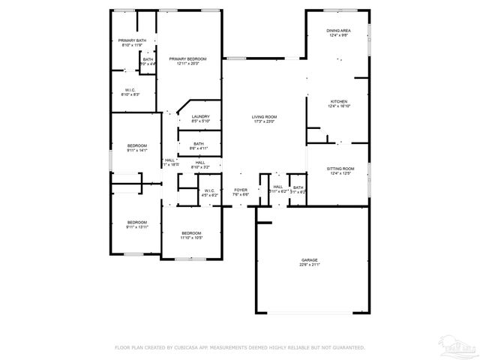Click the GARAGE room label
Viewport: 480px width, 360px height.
310,259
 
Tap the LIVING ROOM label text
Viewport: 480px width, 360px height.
264,117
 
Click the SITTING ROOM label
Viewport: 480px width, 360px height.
340,169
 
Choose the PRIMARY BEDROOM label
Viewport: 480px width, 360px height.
187,58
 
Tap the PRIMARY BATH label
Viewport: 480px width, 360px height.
131,40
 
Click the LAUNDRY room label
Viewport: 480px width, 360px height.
200,116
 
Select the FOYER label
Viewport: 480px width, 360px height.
240,190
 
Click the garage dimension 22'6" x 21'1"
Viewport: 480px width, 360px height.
310,265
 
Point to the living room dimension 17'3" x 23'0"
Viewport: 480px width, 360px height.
264,122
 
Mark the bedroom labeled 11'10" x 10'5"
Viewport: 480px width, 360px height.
191,236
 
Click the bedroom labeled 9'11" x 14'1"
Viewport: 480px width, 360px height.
136,148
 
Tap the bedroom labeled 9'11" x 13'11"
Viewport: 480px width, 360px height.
136,224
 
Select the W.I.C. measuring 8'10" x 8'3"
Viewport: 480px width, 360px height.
131,94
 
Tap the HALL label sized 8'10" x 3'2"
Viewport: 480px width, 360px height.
200,164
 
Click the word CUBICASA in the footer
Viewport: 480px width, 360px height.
192,347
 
